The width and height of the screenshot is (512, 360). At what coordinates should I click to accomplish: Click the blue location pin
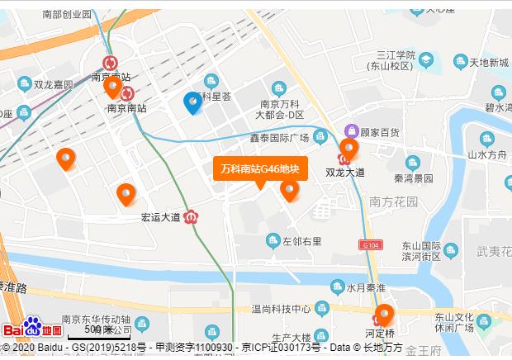click(x=192, y=102)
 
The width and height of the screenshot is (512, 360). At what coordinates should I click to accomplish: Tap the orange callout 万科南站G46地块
click(x=260, y=168)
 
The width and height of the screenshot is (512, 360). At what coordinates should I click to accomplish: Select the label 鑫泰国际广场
click(x=278, y=137)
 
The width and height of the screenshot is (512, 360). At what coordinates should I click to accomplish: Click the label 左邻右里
click(x=301, y=241)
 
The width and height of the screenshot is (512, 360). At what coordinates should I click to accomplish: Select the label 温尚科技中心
click(x=280, y=309)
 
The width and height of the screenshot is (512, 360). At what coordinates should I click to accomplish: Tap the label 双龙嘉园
click(x=54, y=84)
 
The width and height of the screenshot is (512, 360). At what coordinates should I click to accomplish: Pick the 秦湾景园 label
click(x=413, y=178)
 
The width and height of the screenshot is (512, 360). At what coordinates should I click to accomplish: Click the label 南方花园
click(x=394, y=201)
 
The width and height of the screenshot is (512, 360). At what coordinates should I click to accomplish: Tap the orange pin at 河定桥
click(x=384, y=315)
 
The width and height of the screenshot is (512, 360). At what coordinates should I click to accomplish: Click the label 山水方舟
click(x=486, y=154)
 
